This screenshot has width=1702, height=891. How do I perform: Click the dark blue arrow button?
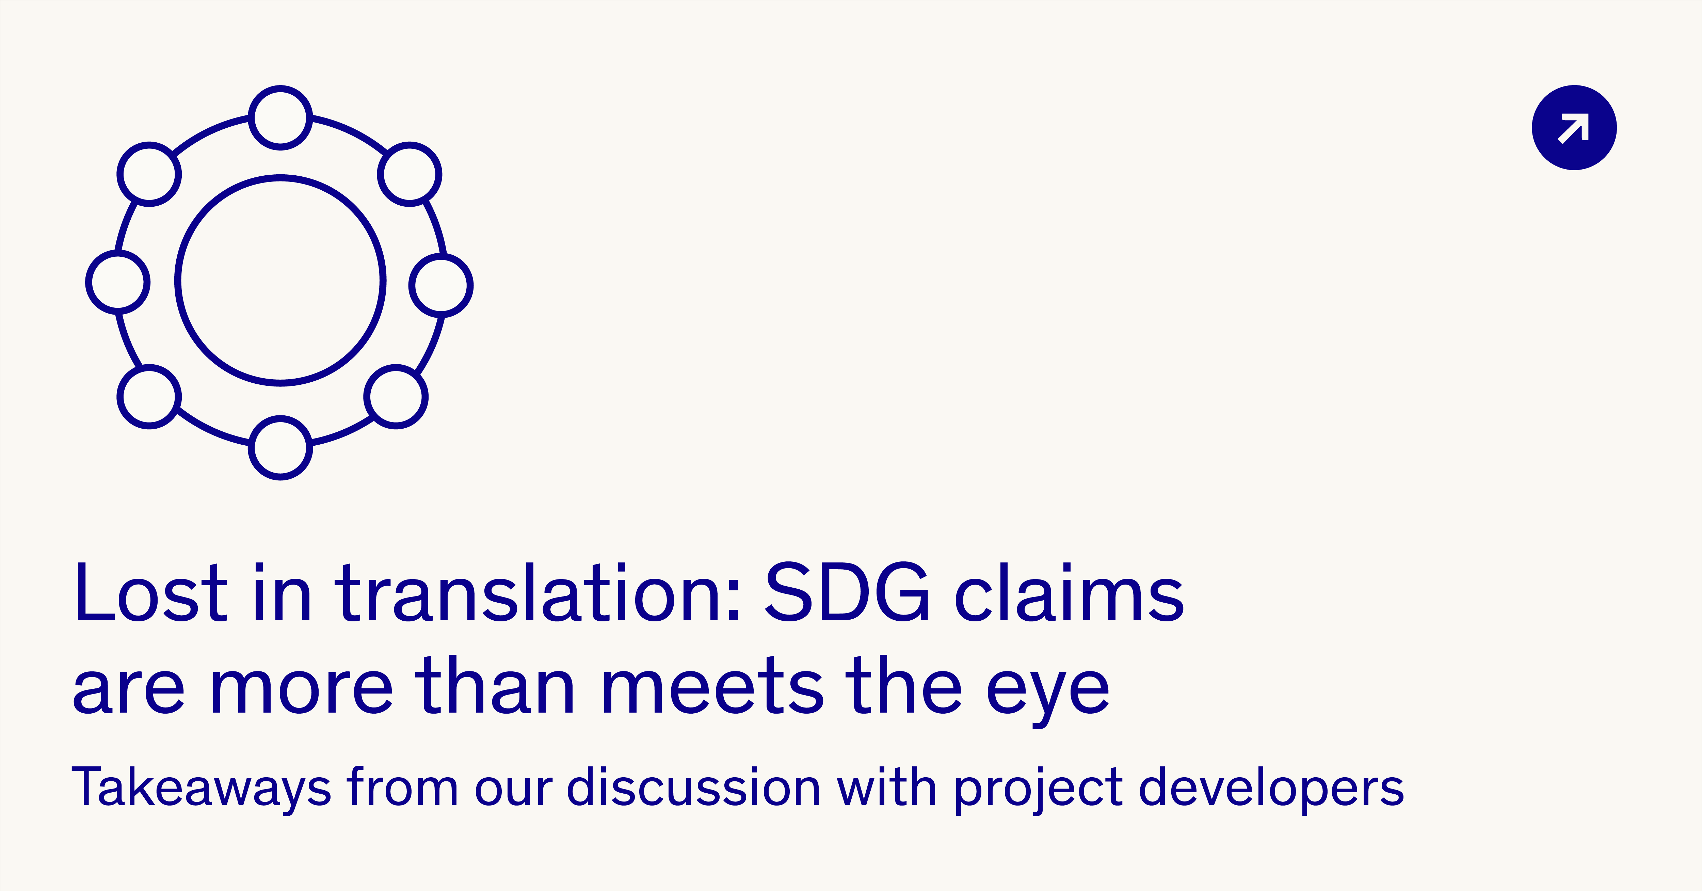pos(1574,128)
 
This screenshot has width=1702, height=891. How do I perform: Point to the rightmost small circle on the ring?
pos(472,286)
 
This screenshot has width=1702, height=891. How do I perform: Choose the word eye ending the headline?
pos(1047,694)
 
